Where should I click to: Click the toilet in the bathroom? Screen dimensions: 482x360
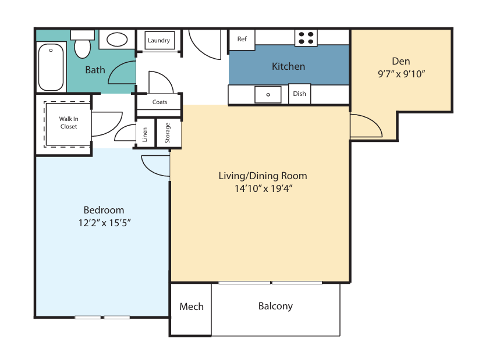83,44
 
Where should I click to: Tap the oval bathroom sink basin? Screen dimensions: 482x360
117,40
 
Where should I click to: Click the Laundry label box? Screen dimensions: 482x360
160,40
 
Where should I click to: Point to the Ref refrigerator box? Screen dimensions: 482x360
242,40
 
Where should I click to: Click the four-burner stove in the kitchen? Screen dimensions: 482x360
306,38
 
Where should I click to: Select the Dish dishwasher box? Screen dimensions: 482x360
299,94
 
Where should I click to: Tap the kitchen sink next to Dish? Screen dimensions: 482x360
268,95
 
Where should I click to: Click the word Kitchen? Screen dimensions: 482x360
288,66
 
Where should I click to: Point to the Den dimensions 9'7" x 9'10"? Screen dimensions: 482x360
401,74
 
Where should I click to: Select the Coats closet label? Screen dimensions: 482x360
160,102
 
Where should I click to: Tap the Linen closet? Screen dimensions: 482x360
145,133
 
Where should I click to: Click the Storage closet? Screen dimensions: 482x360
169,133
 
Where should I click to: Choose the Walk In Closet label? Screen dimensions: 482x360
69,123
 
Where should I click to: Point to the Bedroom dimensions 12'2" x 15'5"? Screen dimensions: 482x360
105,223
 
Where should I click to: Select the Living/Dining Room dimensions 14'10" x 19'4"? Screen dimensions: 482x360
264,188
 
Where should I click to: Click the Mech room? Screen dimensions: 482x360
191,309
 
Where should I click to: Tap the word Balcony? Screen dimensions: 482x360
275,306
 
